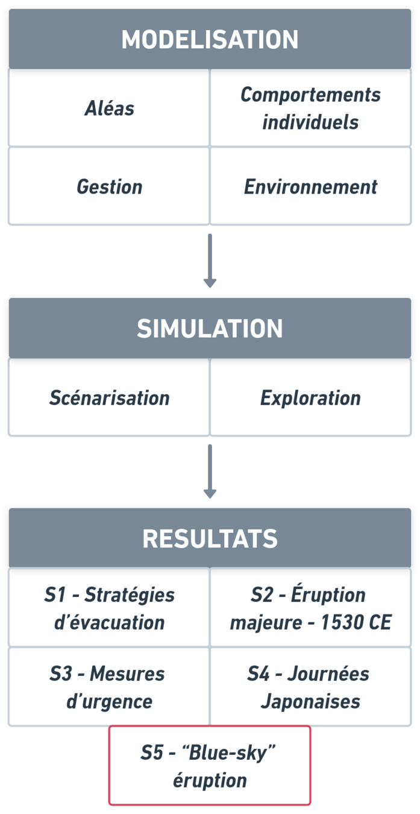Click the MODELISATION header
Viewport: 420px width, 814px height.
tap(210, 39)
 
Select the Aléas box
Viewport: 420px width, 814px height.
tap(109, 109)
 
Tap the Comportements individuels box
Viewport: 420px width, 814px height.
tap(310, 109)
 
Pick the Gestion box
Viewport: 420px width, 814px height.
tap(109, 186)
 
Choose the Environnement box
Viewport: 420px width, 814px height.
tap(310, 186)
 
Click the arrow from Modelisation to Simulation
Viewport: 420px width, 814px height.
tap(210, 260)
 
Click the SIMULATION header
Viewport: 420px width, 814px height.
tap(210, 329)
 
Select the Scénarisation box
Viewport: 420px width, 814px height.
tap(109, 398)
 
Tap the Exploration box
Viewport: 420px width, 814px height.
tap(310, 398)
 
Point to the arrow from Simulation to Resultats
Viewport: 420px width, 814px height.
tap(210, 471)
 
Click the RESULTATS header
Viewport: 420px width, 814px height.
tap(210, 538)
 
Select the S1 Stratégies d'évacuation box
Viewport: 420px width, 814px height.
tap(109, 608)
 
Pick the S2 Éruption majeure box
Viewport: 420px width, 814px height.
tap(310, 608)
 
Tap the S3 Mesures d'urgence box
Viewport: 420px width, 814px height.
tap(109, 687)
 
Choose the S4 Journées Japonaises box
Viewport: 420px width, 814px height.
tap(310, 687)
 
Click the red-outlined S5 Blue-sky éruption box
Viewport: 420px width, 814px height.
tap(210, 766)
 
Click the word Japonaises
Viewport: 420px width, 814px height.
tap(310, 701)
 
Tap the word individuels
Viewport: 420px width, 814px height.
tap(310, 122)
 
